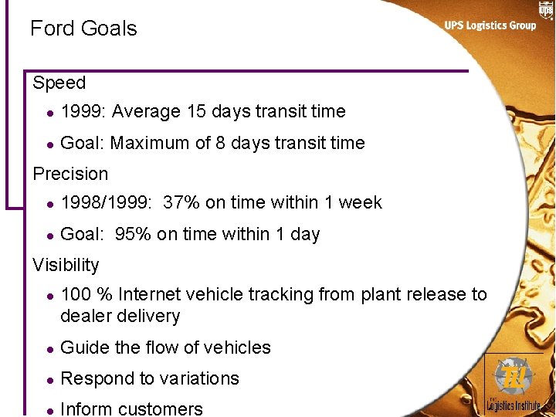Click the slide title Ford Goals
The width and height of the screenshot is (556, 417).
[x=83, y=29]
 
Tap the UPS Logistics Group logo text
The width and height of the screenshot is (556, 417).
[x=490, y=25]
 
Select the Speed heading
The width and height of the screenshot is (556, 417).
[x=59, y=83]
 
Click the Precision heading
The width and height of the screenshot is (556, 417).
[x=70, y=174]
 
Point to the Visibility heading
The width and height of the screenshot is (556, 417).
[x=66, y=265]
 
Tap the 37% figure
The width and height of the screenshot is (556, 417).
[x=181, y=202]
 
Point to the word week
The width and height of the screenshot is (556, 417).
[x=360, y=202]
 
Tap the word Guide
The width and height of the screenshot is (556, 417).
[x=84, y=347]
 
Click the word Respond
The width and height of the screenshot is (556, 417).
[x=95, y=378]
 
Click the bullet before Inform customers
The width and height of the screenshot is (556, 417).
[x=49, y=409]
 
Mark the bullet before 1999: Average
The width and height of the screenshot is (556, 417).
[x=49, y=112]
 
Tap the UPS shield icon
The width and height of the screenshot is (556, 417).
[x=546, y=10]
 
